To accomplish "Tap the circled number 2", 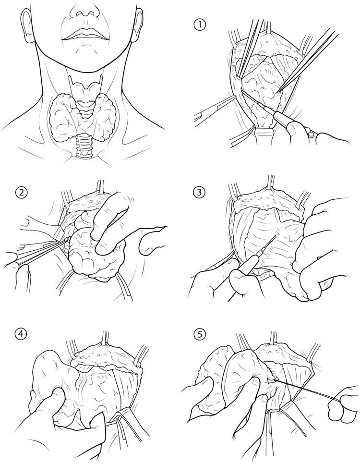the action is pos(20,193).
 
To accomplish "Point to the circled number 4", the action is pos(20,334).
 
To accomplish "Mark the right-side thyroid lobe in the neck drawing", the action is pos(104,117).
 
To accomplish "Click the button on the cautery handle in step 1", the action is pos(311,134).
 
